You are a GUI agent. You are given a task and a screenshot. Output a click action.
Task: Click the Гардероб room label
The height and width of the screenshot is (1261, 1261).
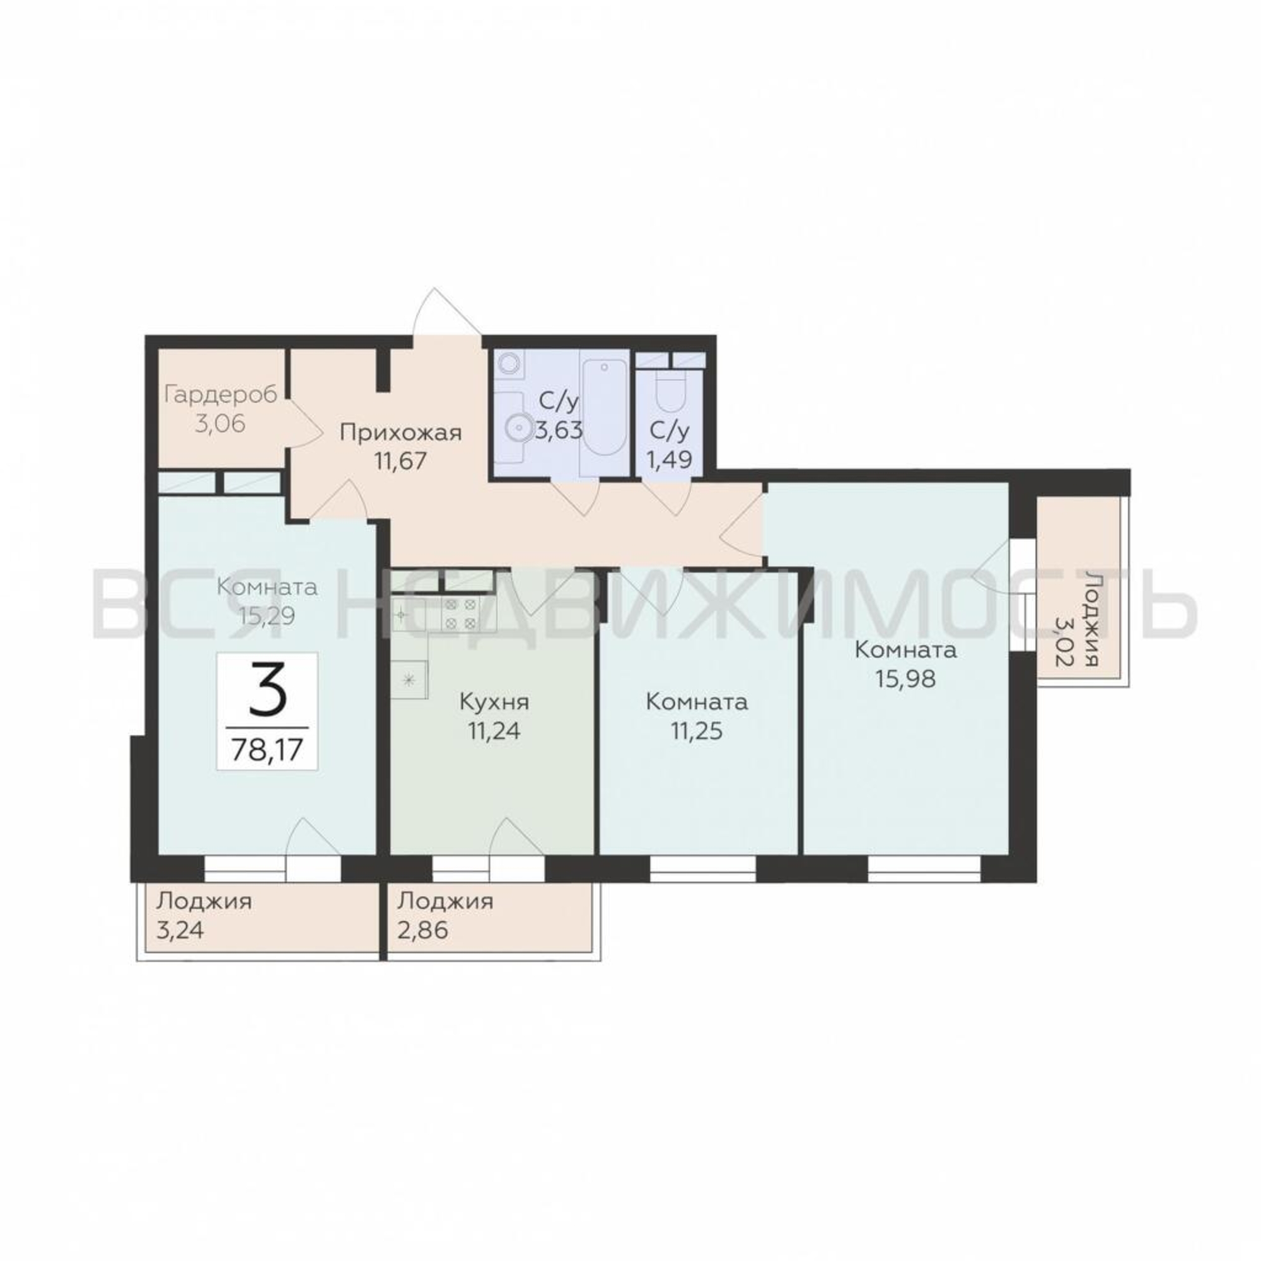pyautogui.click(x=221, y=395)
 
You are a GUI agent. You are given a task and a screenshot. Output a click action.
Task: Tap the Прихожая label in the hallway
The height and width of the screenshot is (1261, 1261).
pyautogui.click(x=401, y=432)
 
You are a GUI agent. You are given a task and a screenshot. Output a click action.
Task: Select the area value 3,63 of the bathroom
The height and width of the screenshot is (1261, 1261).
pyautogui.click(x=559, y=431)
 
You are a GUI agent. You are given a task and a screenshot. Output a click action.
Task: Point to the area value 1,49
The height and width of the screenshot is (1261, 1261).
pyautogui.click(x=669, y=460)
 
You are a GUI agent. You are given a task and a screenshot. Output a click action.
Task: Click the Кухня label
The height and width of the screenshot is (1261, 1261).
pyautogui.click(x=494, y=702)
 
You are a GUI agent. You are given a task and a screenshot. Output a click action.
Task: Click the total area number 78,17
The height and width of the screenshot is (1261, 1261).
pyautogui.click(x=267, y=750)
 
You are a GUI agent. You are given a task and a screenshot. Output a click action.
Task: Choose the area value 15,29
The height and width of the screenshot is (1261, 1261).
pyautogui.click(x=266, y=615)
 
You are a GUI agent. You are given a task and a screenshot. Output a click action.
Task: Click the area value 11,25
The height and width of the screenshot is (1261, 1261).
pyautogui.click(x=697, y=731)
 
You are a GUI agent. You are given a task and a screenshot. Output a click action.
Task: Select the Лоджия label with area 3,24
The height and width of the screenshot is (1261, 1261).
pyautogui.click(x=204, y=902)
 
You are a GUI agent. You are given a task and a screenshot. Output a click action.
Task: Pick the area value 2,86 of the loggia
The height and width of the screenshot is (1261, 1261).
pyautogui.click(x=422, y=929)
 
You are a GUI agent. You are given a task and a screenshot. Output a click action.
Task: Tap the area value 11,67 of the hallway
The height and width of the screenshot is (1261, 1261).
pyautogui.click(x=401, y=461)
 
